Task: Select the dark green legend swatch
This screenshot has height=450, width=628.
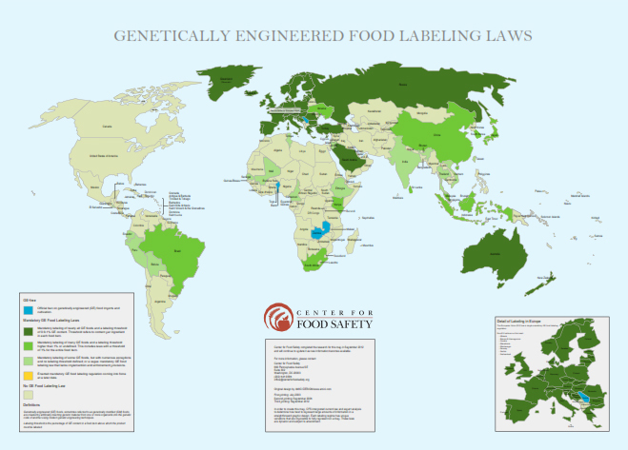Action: [28, 329]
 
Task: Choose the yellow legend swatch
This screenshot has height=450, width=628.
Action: [28, 374]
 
